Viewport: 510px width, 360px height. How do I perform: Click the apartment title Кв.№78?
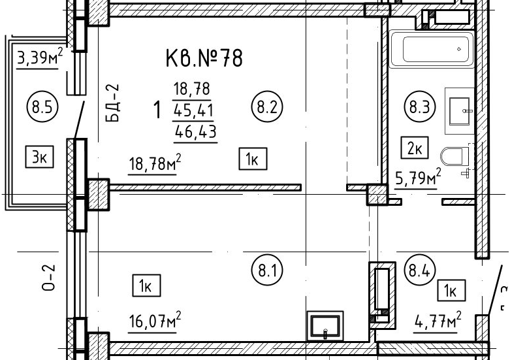(x=204, y=58)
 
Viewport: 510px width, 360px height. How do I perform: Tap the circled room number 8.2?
(x=267, y=106)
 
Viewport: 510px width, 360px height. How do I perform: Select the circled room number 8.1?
(x=267, y=270)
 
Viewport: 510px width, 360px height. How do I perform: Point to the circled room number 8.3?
(x=420, y=106)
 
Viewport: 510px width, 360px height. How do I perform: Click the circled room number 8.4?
(x=420, y=270)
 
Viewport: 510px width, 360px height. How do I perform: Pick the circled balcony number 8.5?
(x=42, y=106)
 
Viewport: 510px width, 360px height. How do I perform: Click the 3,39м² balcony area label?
(x=40, y=57)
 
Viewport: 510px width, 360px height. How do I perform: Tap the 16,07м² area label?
(x=155, y=320)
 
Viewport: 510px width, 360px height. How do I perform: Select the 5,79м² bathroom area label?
(x=418, y=178)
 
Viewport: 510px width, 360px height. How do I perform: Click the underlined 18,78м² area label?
(x=155, y=163)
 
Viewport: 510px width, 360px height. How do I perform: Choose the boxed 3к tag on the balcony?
(x=40, y=157)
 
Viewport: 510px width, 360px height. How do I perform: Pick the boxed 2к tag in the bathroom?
(x=415, y=148)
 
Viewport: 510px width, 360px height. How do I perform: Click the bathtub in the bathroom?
(x=431, y=49)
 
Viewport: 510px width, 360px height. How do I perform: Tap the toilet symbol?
(x=454, y=157)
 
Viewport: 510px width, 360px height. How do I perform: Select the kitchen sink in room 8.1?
(x=325, y=326)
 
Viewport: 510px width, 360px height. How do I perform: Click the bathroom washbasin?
(x=459, y=111)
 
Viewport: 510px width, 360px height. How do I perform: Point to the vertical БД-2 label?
(x=113, y=103)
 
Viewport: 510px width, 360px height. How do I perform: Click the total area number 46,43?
(x=196, y=132)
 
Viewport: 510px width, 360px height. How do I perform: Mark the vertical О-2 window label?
(x=49, y=277)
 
